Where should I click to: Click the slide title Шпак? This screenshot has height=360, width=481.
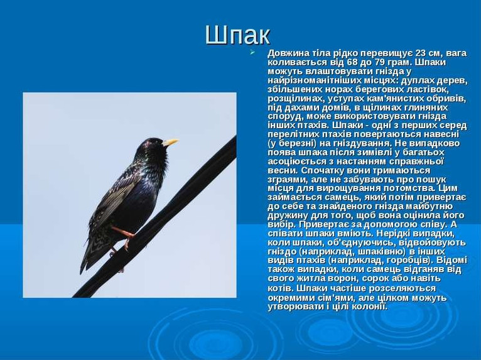(x=237, y=35)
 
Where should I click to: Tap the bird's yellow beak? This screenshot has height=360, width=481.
(x=171, y=143)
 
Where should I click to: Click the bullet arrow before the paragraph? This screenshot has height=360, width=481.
(x=252, y=53)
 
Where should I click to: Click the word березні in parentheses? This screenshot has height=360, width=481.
(x=293, y=144)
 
